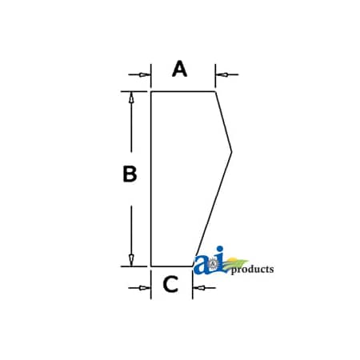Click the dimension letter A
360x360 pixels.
coord(179,69)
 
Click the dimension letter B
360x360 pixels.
coord(130,174)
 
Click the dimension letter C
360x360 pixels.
coord(170,284)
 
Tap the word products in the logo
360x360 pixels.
coord(252,270)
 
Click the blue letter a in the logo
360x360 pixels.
coord(202,265)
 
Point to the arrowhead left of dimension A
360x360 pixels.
coord(145,74)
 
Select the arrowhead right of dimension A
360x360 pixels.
coord(222,74)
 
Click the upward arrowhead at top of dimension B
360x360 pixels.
coord(131,98)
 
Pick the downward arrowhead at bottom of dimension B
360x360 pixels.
coord(131,261)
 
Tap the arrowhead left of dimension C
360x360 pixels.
coord(145,288)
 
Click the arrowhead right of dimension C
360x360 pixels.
coord(198,288)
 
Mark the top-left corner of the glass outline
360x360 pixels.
coord(151,92)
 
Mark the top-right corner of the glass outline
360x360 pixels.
coord(215,92)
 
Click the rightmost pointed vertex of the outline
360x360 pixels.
coord(231,152)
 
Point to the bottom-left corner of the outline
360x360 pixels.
coord(151,266)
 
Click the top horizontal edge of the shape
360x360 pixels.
coord(183,92)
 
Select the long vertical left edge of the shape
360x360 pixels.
coord(151,179)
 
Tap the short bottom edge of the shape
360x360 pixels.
coord(172,266)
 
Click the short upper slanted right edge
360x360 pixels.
coord(223,122)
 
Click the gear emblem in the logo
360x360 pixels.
coord(213,264)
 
